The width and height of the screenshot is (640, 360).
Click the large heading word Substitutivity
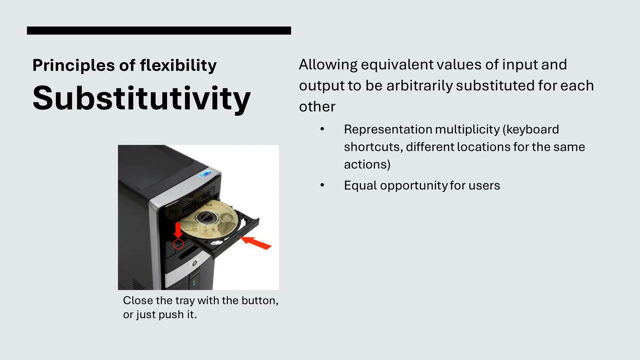(x=142, y=98)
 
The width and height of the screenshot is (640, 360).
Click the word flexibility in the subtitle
(x=178, y=65)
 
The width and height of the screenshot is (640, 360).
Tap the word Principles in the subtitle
(x=73, y=65)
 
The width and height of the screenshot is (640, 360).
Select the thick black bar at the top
(x=159, y=31)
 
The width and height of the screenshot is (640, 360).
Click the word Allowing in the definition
(x=328, y=65)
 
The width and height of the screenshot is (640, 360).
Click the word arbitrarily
(x=419, y=86)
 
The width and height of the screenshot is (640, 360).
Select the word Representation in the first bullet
(x=388, y=129)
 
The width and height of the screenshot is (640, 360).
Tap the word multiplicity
(x=467, y=129)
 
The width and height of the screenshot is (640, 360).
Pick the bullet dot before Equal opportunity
(x=322, y=185)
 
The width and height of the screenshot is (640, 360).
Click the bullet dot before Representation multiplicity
(x=322, y=129)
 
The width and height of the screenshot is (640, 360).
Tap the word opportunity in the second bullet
(x=413, y=186)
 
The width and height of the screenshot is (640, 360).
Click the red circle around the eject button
(x=178, y=244)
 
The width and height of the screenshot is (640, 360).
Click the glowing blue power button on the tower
(x=205, y=174)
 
